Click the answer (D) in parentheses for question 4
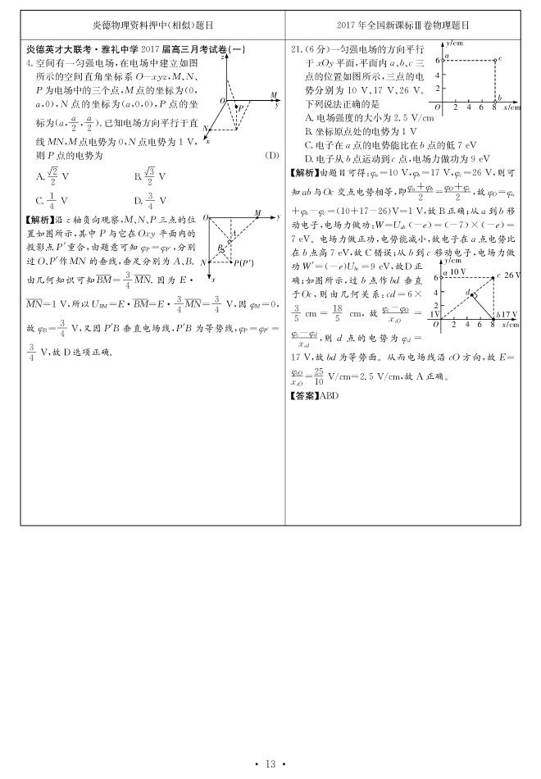click(x=271, y=156)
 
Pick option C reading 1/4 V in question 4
click(x=52, y=199)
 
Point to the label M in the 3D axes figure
click(x=273, y=96)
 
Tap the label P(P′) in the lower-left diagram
click(x=242, y=262)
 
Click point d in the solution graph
click(x=466, y=292)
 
